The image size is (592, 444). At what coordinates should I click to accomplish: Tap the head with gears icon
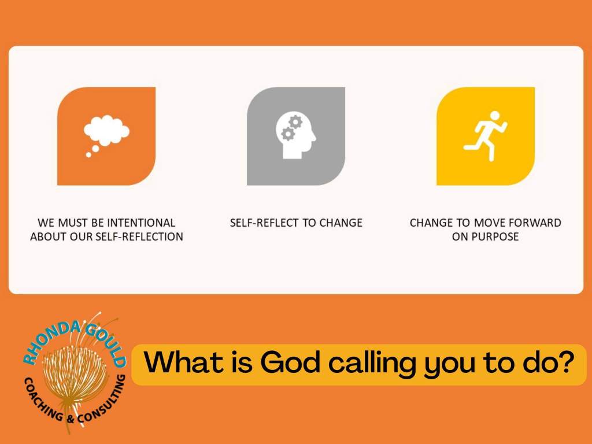295,135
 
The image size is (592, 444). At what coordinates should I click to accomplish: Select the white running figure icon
486,136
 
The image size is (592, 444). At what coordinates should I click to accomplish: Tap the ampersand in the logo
70,419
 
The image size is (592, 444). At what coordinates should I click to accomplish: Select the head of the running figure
495,116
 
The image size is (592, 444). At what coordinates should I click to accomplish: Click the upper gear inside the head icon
295,122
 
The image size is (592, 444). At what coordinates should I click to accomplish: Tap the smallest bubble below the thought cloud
88,155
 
